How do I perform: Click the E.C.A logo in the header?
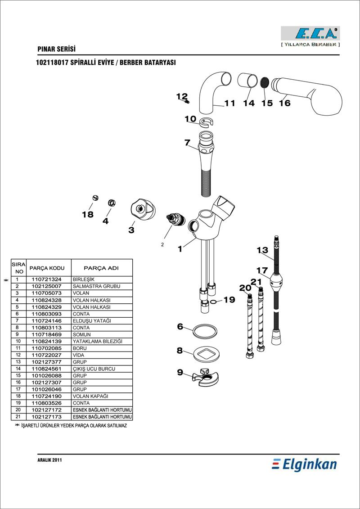click(310, 33)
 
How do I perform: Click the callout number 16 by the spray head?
click(284, 103)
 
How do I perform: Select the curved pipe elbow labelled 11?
click(211, 90)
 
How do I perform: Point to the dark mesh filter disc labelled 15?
click(265, 82)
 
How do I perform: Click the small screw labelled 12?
click(187, 101)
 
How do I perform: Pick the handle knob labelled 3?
click(142, 210)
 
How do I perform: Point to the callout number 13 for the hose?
click(262, 250)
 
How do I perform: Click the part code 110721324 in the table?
click(46, 279)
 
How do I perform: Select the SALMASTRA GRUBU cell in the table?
click(96, 286)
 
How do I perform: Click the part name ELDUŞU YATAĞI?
click(91, 321)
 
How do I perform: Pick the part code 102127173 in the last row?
click(46, 417)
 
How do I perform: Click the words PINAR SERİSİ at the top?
click(56, 49)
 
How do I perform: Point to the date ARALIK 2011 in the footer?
click(49, 460)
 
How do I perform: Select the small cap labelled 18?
click(95, 198)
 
